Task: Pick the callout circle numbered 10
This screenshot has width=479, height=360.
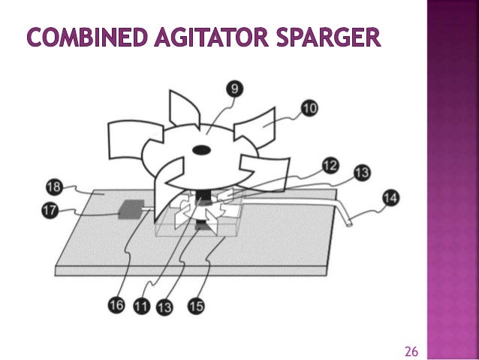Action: [x=309, y=109]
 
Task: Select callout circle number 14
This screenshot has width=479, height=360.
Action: [x=390, y=198]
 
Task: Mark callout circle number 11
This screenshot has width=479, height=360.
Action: [x=140, y=307]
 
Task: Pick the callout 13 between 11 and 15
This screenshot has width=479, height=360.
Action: [x=164, y=307]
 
